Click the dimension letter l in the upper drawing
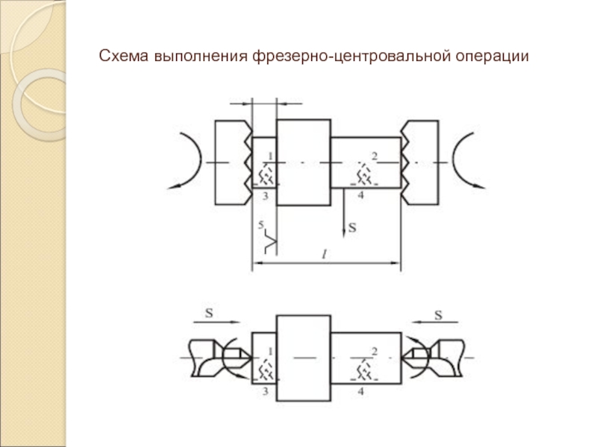(324, 254)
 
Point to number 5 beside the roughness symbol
(260, 224)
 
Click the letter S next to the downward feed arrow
(351, 229)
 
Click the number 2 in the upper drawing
(375, 155)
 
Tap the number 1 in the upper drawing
(270, 156)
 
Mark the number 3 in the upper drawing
(264, 195)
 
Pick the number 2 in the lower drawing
(375, 350)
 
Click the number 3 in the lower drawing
(264, 389)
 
